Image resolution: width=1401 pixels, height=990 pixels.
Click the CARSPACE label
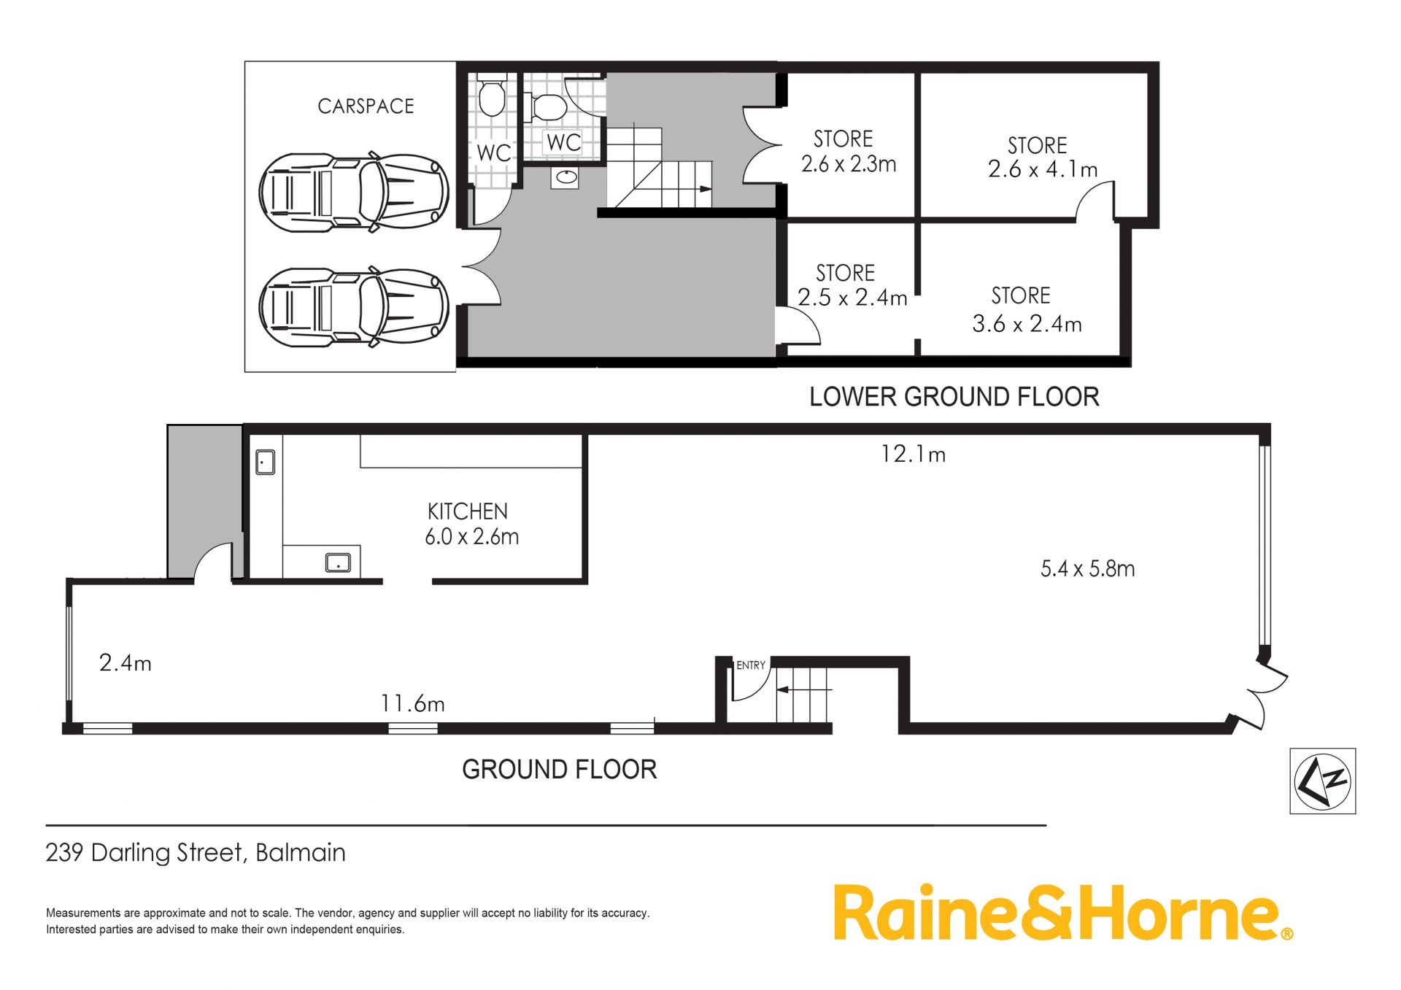click(366, 107)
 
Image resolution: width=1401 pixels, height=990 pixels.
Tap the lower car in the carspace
click(354, 307)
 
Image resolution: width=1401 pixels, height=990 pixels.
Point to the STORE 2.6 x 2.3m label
click(848, 151)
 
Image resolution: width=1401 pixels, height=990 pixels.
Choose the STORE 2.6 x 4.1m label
click(1042, 157)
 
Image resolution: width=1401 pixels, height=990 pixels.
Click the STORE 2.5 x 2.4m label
click(852, 285)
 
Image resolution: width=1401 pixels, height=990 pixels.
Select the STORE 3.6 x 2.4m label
click(1027, 309)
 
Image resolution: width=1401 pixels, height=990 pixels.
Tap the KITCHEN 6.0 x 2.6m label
click(471, 524)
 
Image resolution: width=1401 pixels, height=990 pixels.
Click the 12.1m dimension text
click(913, 455)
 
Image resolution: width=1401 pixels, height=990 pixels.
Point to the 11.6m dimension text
click(412, 703)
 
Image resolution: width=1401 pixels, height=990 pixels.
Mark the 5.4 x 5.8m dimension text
click(1087, 568)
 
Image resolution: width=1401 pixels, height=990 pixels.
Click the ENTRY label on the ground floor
click(751, 665)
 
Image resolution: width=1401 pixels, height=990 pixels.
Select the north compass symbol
click(1322, 781)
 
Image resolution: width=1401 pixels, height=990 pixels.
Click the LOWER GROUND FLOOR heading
click(954, 397)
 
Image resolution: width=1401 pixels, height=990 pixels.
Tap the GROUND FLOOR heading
click(559, 770)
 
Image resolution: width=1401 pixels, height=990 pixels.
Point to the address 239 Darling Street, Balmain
click(196, 853)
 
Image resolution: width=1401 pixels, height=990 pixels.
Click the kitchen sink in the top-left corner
click(265, 463)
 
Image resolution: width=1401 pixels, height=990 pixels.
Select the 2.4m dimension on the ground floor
click(125, 663)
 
